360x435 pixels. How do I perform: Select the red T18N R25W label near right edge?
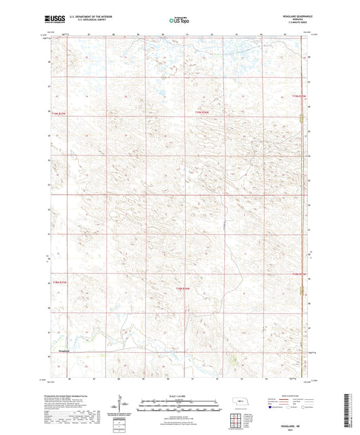click(x=299, y=274)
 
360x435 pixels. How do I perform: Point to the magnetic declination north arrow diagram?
click(x=120, y=405)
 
